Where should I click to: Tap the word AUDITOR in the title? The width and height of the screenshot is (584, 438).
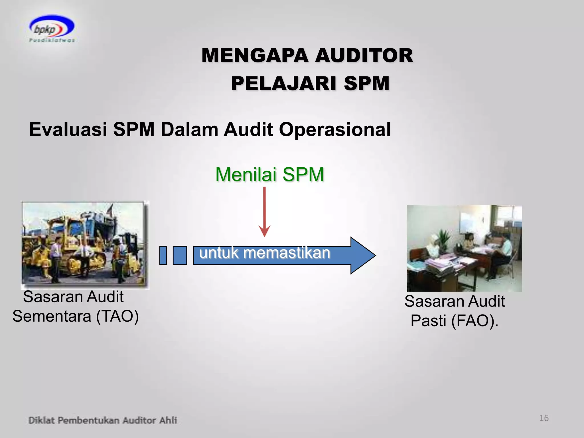click(x=364, y=56)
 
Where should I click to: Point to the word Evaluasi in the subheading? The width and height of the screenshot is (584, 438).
click(x=68, y=130)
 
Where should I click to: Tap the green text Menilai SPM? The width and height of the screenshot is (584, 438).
click(x=269, y=175)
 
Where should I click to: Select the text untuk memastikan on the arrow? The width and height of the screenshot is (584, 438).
click(x=264, y=253)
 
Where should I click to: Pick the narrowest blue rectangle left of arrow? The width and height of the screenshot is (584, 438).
click(x=163, y=255)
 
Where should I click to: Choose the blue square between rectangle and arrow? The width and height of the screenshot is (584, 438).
click(x=180, y=255)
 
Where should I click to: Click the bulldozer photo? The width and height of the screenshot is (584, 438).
click(x=85, y=245)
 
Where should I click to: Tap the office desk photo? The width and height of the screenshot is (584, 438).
click(x=464, y=248)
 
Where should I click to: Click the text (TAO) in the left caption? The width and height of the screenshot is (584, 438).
click(x=117, y=316)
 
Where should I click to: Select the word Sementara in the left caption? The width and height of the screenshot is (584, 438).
click(x=52, y=316)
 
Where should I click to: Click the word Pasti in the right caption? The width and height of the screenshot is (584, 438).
click(x=428, y=321)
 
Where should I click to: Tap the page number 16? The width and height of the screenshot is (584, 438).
click(x=544, y=418)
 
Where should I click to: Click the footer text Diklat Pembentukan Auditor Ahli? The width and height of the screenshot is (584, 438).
click(x=103, y=420)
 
